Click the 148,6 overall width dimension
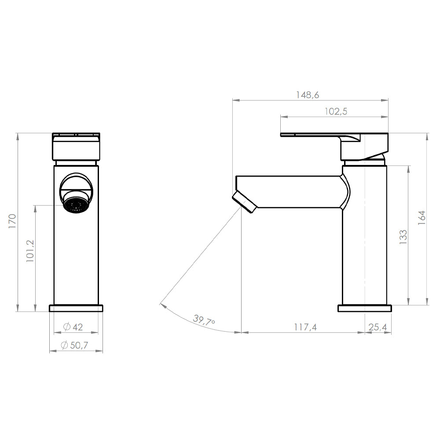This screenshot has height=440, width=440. click(308, 95)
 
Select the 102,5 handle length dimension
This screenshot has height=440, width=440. click(336, 111)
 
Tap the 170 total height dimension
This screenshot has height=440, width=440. click(12, 221)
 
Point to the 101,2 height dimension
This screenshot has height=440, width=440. click(30, 252)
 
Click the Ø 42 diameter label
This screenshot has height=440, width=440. click(73, 327)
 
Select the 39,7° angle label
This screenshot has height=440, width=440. click(204, 320)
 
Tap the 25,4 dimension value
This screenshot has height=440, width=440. click(377, 327)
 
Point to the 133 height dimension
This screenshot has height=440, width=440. click(403, 237)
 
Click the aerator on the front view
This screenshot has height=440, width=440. click(77, 205)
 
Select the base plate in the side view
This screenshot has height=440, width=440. click(364, 308)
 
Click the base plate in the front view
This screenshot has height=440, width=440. click(76, 308)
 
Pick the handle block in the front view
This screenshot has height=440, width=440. click(76, 147)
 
